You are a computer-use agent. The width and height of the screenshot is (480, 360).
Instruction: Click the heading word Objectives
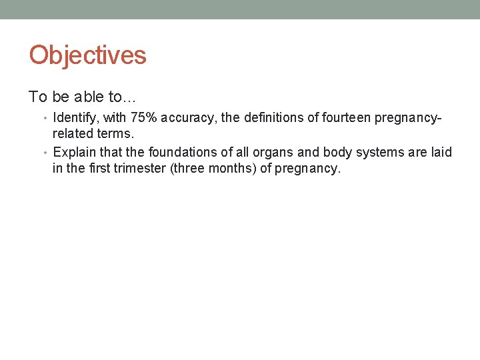[87, 55]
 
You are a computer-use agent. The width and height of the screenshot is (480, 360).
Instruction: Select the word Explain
[75, 153]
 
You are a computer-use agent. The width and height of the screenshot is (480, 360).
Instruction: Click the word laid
[441, 153]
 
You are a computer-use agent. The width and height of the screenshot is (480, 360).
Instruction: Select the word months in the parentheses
[233, 168]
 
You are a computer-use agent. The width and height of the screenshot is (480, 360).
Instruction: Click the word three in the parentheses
[190, 168]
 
